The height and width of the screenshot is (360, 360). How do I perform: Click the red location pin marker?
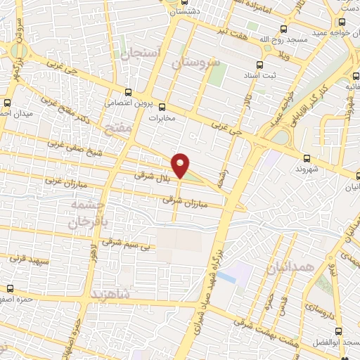[x=181, y=165]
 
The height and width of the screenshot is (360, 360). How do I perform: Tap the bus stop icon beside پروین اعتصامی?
[x=127, y=91]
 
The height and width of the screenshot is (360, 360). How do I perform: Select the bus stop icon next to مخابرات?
[x=162, y=108]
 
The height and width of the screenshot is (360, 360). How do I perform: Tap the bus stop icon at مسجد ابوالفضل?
[x=340, y=331]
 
